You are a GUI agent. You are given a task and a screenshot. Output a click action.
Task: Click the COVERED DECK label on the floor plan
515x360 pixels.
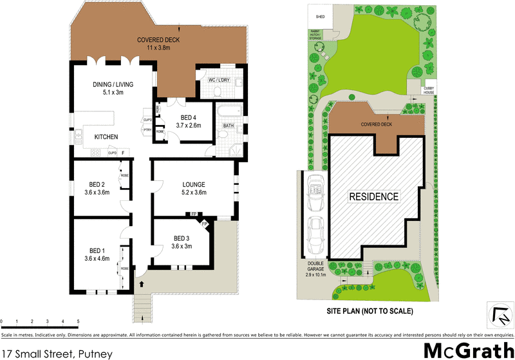(158, 44)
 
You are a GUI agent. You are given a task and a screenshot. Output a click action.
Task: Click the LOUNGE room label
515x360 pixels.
(193, 188)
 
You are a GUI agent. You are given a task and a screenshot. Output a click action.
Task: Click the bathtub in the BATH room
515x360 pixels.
(229, 110)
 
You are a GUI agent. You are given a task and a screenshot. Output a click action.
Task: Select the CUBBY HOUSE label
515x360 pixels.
(429, 91)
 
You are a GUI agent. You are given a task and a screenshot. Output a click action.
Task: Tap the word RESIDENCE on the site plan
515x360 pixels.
(373, 196)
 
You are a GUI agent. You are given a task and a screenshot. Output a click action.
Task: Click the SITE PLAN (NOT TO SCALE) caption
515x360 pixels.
(370, 311)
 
